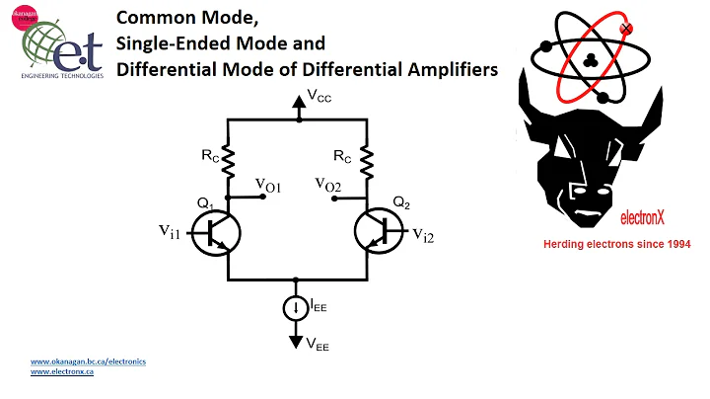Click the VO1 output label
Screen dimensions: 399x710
pos(268,185)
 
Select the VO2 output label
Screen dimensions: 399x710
pos(327,185)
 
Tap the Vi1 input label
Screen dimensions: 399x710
pos(171,231)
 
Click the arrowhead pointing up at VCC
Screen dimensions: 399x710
pos(297,102)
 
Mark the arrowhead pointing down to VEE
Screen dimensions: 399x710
pos(296,342)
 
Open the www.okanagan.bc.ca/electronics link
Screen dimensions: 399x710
pos(88,361)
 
